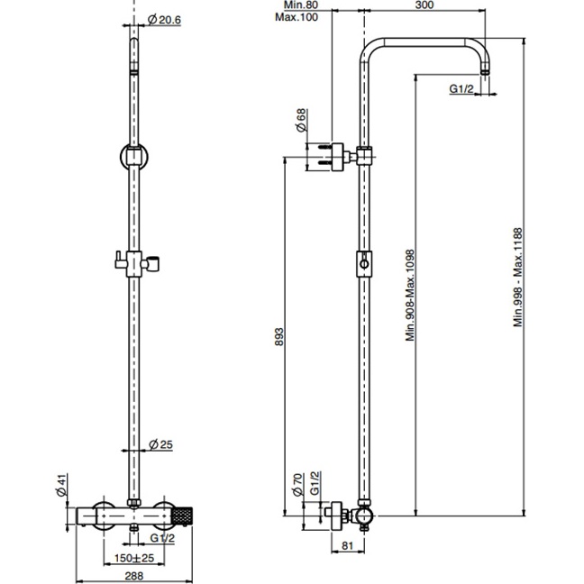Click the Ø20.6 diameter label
coord(164,19)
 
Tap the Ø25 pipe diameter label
coord(160,444)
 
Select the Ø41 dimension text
coord(61,485)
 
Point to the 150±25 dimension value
coord(133,558)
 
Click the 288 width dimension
coord(133,576)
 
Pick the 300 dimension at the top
coord(424,5)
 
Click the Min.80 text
coord(301,5)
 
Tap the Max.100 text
coord(297,17)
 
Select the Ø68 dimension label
coord(301,120)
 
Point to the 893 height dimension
coord(279,336)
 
